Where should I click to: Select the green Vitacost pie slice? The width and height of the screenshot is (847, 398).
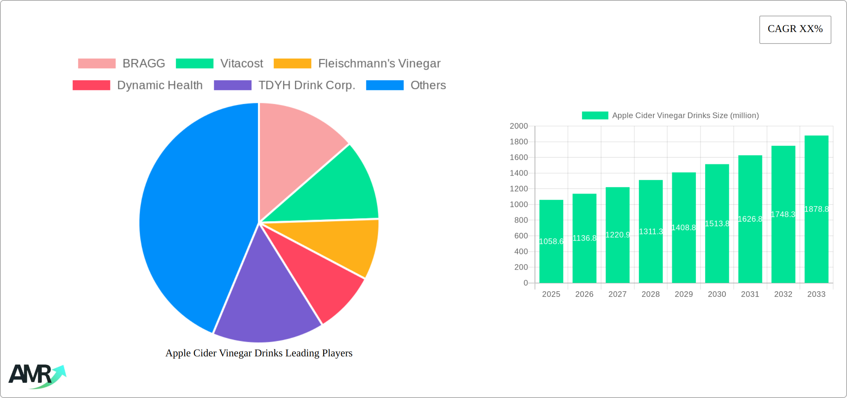pyautogui.click(x=334, y=190)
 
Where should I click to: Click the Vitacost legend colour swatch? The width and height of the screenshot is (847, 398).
pyautogui.click(x=194, y=64)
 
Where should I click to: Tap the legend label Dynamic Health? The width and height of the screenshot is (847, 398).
pyautogui.click(x=160, y=85)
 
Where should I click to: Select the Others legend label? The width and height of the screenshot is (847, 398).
pyautogui.click(x=428, y=85)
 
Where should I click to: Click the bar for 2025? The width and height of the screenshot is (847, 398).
pyautogui.click(x=551, y=260)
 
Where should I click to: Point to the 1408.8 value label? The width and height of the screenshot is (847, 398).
pyautogui.click(x=684, y=228)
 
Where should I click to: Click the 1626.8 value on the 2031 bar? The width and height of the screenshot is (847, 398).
pyautogui.click(x=750, y=219)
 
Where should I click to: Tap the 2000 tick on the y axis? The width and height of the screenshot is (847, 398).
pyautogui.click(x=519, y=126)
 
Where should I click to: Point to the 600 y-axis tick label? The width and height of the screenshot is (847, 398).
pyautogui.click(x=521, y=236)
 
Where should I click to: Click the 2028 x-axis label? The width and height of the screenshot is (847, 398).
pyautogui.click(x=650, y=294)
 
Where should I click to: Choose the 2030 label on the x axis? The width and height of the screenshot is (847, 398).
pyautogui.click(x=717, y=294)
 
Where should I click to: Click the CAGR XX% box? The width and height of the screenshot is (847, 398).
pyautogui.click(x=795, y=29)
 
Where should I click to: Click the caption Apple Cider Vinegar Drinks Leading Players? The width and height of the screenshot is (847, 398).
pyautogui.click(x=259, y=353)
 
